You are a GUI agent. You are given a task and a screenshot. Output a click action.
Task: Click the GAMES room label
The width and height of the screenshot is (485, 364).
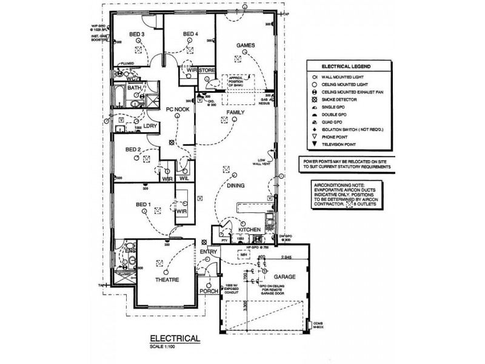(246, 46)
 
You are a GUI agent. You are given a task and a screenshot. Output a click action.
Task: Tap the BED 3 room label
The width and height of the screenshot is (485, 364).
(136, 35)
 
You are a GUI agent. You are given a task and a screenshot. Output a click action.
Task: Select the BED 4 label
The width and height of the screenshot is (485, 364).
(190, 35)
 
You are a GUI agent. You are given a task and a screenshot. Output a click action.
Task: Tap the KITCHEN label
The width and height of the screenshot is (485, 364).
(249, 231)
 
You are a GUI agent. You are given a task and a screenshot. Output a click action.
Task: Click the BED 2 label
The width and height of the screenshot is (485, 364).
(133, 149)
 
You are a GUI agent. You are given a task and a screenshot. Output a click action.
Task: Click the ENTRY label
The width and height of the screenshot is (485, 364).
(208, 251)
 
